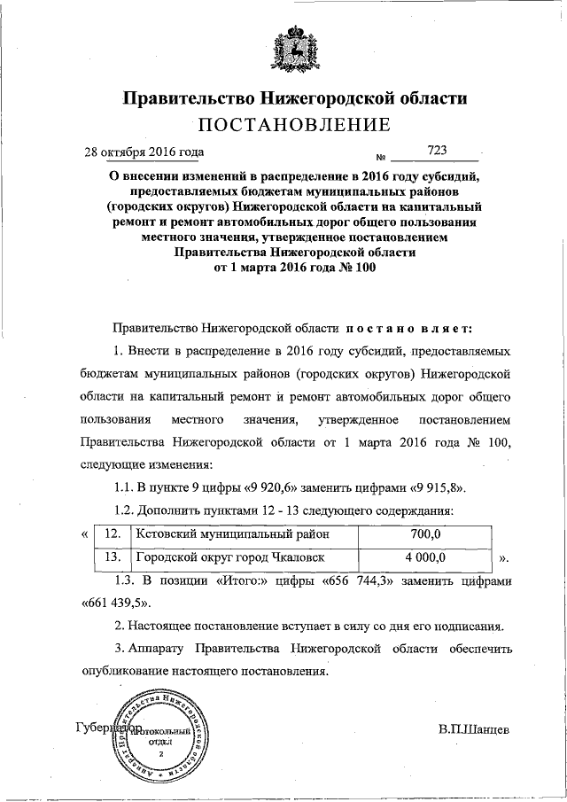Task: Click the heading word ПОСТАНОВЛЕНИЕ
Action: (x=293, y=122)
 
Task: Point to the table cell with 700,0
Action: (x=425, y=534)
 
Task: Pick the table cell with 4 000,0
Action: (x=425, y=557)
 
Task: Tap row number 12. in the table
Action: (x=112, y=534)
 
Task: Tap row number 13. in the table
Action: (x=112, y=557)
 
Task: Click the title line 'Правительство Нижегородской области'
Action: (x=293, y=96)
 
